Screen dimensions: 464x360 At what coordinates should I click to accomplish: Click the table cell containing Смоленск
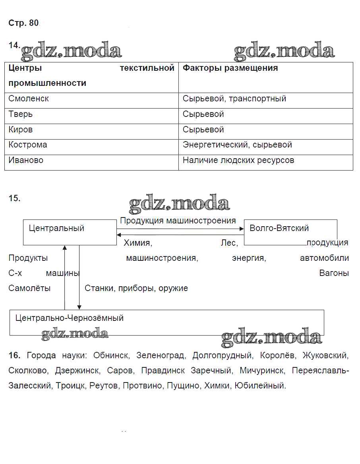tap(29, 99)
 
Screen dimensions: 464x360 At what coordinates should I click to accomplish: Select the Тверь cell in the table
tap(21, 114)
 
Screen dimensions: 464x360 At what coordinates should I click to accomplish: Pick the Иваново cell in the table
tap(26, 160)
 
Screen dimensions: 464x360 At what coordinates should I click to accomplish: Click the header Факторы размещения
tap(230, 68)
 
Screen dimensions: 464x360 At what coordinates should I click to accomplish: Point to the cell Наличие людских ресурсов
tap(238, 160)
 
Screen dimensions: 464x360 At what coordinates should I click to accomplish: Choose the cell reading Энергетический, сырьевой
tap(237, 145)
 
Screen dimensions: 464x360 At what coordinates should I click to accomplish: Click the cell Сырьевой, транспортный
tap(234, 99)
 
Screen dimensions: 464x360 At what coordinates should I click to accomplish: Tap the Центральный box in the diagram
tap(57, 229)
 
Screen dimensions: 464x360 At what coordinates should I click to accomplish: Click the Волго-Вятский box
tap(279, 228)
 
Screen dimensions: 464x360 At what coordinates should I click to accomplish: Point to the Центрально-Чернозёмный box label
tap(70, 318)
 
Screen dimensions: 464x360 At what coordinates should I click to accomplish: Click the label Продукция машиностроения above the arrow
tap(178, 221)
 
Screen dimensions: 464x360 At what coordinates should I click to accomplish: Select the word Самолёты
tap(29, 288)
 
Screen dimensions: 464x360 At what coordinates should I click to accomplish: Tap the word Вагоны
tap(334, 273)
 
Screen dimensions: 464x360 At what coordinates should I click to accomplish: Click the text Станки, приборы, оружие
tap(136, 288)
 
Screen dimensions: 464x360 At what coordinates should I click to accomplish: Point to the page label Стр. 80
tap(23, 23)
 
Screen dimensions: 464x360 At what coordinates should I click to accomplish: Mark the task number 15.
tap(14, 198)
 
